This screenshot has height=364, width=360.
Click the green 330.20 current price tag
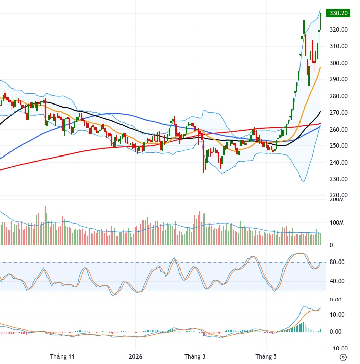pyautogui.click(x=338, y=13)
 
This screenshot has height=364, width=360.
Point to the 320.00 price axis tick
pyautogui.click(x=339, y=30)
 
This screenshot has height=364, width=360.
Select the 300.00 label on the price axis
pyautogui.click(x=339, y=63)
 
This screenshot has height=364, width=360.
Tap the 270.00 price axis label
pyautogui.click(x=339, y=113)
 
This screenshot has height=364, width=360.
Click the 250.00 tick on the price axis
pyautogui.click(x=339, y=146)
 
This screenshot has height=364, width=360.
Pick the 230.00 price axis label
pyautogui.click(x=339, y=179)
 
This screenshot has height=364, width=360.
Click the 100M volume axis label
pyautogui.click(x=337, y=223)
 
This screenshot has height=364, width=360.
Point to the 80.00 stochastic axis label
pyautogui.click(x=337, y=262)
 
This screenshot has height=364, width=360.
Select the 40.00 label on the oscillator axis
pyautogui.click(x=337, y=281)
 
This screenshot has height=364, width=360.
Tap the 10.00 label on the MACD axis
pyautogui.click(x=337, y=315)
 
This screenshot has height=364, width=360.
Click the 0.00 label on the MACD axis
pyautogui.click(x=335, y=332)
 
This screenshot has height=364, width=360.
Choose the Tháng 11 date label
pyautogui.click(x=62, y=356)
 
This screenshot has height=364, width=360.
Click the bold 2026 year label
pyautogui.click(x=135, y=356)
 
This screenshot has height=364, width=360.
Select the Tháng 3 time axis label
pyautogui.click(x=195, y=356)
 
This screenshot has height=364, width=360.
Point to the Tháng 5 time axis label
pyautogui.click(x=266, y=356)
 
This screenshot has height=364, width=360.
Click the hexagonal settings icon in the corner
pyautogui.click(x=343, y=357)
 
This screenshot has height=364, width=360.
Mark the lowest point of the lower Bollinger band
pyautogui.click(x=303, y=182)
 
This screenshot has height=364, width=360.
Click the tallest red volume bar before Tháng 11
pyautogui.click(x=45, y=226)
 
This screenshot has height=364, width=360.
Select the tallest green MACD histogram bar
pyautogui.click(x=303, y=327)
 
